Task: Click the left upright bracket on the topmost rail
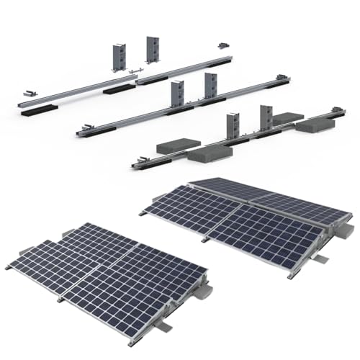tap(120, 55)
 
